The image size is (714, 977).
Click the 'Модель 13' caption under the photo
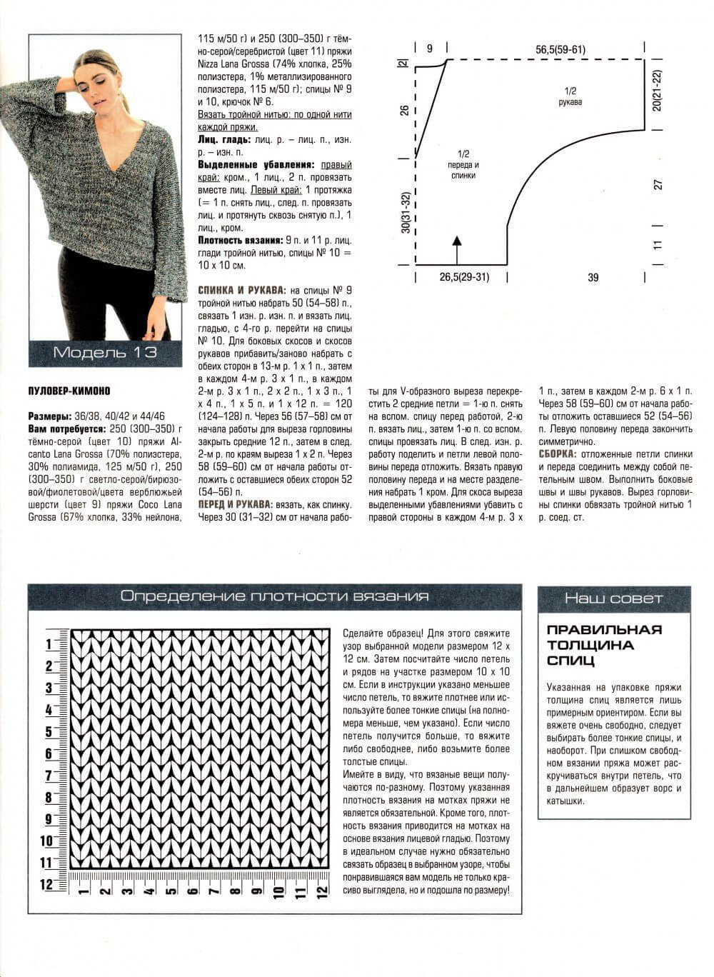coord(105,352)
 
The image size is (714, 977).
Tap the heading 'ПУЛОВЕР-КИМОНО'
coord(69,391)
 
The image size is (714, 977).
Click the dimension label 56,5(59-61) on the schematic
coord(560,49)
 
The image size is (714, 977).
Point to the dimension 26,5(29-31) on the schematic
coord(464,276)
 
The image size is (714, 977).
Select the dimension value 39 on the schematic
coord(593,277)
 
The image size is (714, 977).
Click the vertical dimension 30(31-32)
coord(406,212)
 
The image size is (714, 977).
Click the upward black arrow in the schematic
coord(456,246)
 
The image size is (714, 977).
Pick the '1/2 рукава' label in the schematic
coord(570,96)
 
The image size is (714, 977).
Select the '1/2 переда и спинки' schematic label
coord(463,164)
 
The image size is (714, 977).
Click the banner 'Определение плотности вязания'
coord(274,596)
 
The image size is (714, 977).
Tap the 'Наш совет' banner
coord(613,598)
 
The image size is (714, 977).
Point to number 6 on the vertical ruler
coord(49,753)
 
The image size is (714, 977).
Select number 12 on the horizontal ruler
coord(323,891)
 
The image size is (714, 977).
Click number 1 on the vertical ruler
coord(49,644)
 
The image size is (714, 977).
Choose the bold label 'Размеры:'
coord(49,416)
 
